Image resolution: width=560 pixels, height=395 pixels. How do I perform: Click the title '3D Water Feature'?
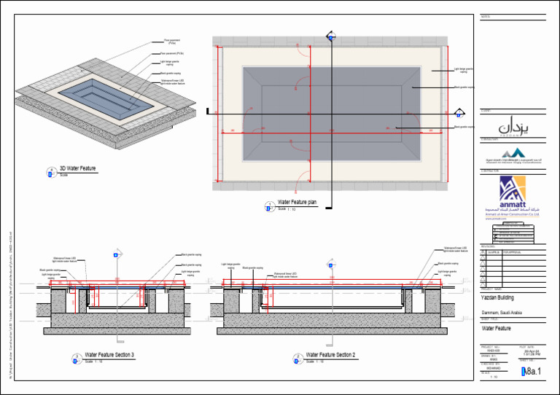point(77,169)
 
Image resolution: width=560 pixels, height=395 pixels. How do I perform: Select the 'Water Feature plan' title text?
point(297,202)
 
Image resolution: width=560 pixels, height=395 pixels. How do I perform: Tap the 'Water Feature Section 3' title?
point(109,355)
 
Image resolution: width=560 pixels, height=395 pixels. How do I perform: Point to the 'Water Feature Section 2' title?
point(330,355)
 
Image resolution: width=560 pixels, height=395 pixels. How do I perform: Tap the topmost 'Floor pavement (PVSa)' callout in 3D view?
point(171,42)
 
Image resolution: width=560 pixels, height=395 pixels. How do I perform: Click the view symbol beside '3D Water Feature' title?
point(51,173)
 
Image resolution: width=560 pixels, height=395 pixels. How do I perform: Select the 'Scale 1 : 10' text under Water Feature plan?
point(286,209)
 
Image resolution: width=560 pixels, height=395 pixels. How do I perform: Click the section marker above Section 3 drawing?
point(116,254)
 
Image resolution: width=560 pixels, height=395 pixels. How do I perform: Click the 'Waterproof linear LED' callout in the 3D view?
point(172,82)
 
